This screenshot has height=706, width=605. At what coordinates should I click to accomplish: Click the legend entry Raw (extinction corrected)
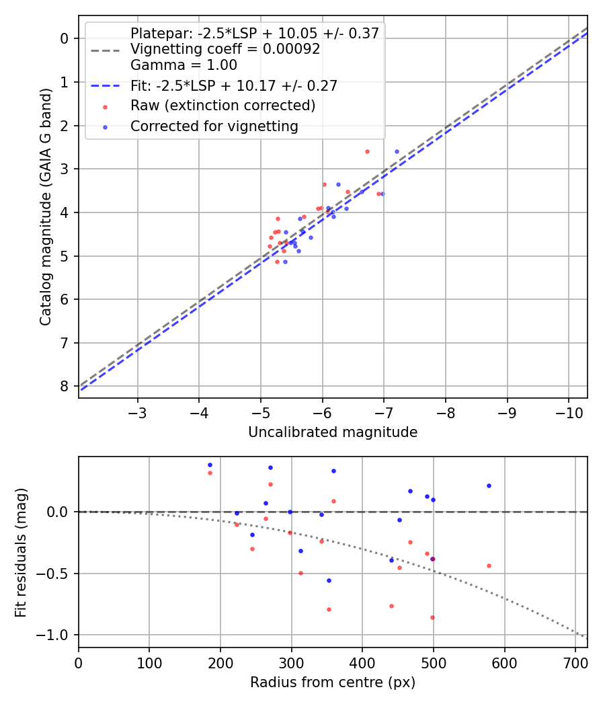tap(223, 106)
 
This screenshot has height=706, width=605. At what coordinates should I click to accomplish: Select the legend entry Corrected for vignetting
tap(214, 126)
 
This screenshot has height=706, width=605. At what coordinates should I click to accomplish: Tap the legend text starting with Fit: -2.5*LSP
tap(234, 85)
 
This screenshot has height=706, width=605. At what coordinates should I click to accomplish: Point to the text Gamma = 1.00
tap(184, 65)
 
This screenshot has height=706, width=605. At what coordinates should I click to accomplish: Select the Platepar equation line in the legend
tap(255, 33)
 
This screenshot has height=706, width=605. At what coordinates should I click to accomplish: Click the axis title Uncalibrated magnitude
tap(333, 432)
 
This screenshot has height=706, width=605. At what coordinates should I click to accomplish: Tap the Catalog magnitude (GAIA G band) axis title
tap(45, 206)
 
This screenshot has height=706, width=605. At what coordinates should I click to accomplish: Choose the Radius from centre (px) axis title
tap(333, 682)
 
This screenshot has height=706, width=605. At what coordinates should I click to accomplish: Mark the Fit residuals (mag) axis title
tap(21, 551)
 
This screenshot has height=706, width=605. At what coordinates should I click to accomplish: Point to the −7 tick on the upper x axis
tap(384, 411)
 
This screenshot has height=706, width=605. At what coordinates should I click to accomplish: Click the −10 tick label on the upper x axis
tap(568, 411)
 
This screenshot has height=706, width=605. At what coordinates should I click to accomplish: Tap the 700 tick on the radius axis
tap(575, 662)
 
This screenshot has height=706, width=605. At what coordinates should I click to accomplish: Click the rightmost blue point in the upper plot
tap(397, 152)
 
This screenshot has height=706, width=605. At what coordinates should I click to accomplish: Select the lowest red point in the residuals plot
tap(432, 617)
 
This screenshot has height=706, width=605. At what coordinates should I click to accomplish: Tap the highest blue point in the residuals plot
tap(210, 465)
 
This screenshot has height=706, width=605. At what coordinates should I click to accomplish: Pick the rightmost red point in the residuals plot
tap(489, 565)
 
